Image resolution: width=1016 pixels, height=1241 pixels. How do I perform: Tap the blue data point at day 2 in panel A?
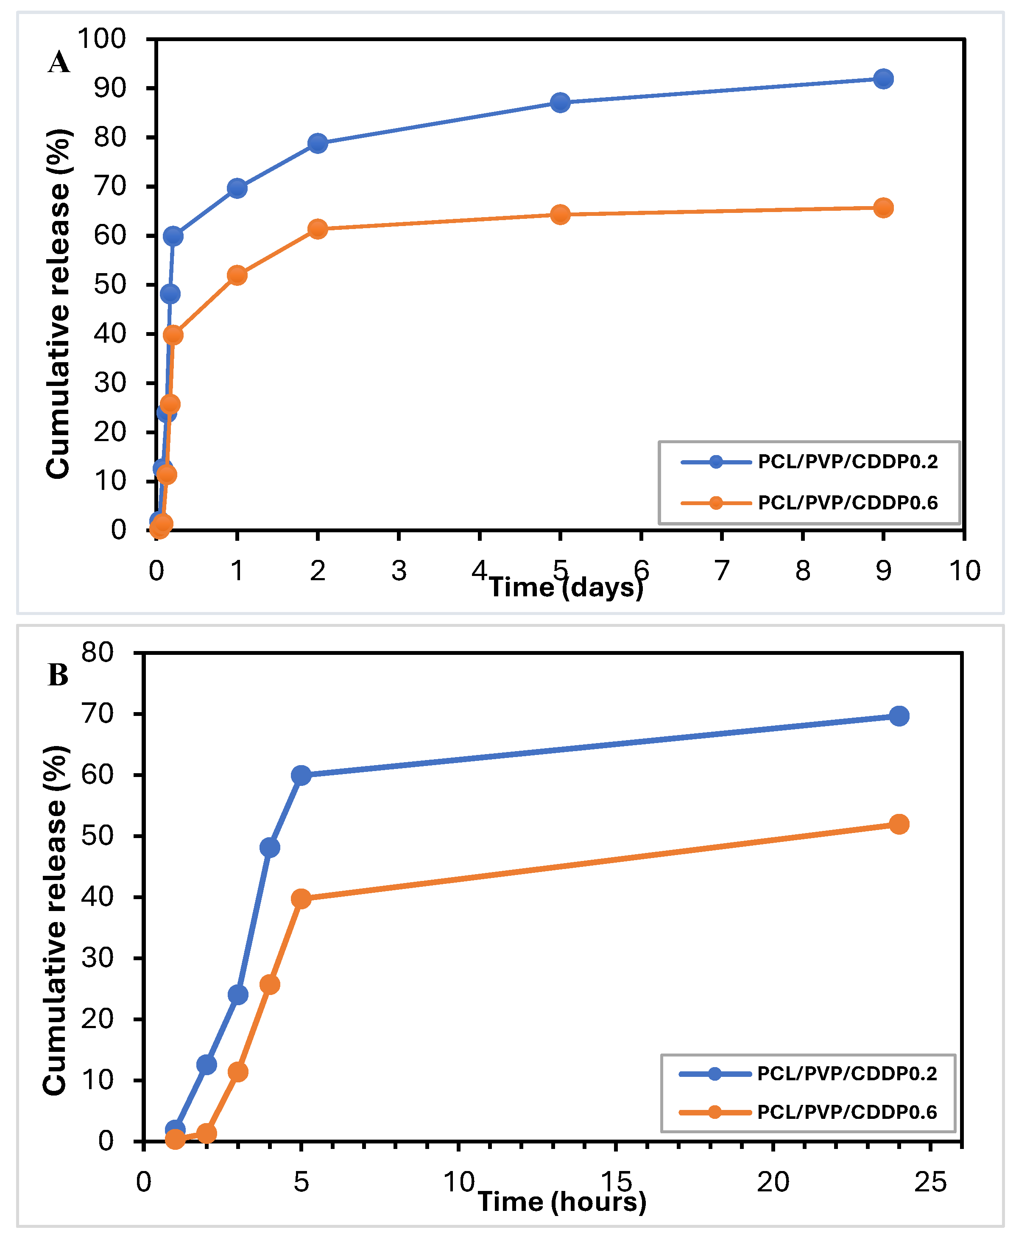(317, 143)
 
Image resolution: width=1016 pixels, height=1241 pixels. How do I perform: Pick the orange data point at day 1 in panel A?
(237, 275)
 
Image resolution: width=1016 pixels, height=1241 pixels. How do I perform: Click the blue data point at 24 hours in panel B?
(899, 716)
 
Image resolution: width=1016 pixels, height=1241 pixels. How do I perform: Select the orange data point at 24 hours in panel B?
(899, 824)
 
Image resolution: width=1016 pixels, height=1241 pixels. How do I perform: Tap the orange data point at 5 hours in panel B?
(301, 899)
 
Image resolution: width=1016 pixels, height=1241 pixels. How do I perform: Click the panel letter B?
(58, 675)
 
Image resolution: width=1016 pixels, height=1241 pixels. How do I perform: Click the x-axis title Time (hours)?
(562, 1202)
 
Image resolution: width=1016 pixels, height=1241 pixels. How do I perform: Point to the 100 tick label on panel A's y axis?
(102, 39)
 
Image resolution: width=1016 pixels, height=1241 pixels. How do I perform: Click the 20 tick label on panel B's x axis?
(773, 1182)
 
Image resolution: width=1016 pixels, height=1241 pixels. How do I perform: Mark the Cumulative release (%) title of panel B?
(56, 920)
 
